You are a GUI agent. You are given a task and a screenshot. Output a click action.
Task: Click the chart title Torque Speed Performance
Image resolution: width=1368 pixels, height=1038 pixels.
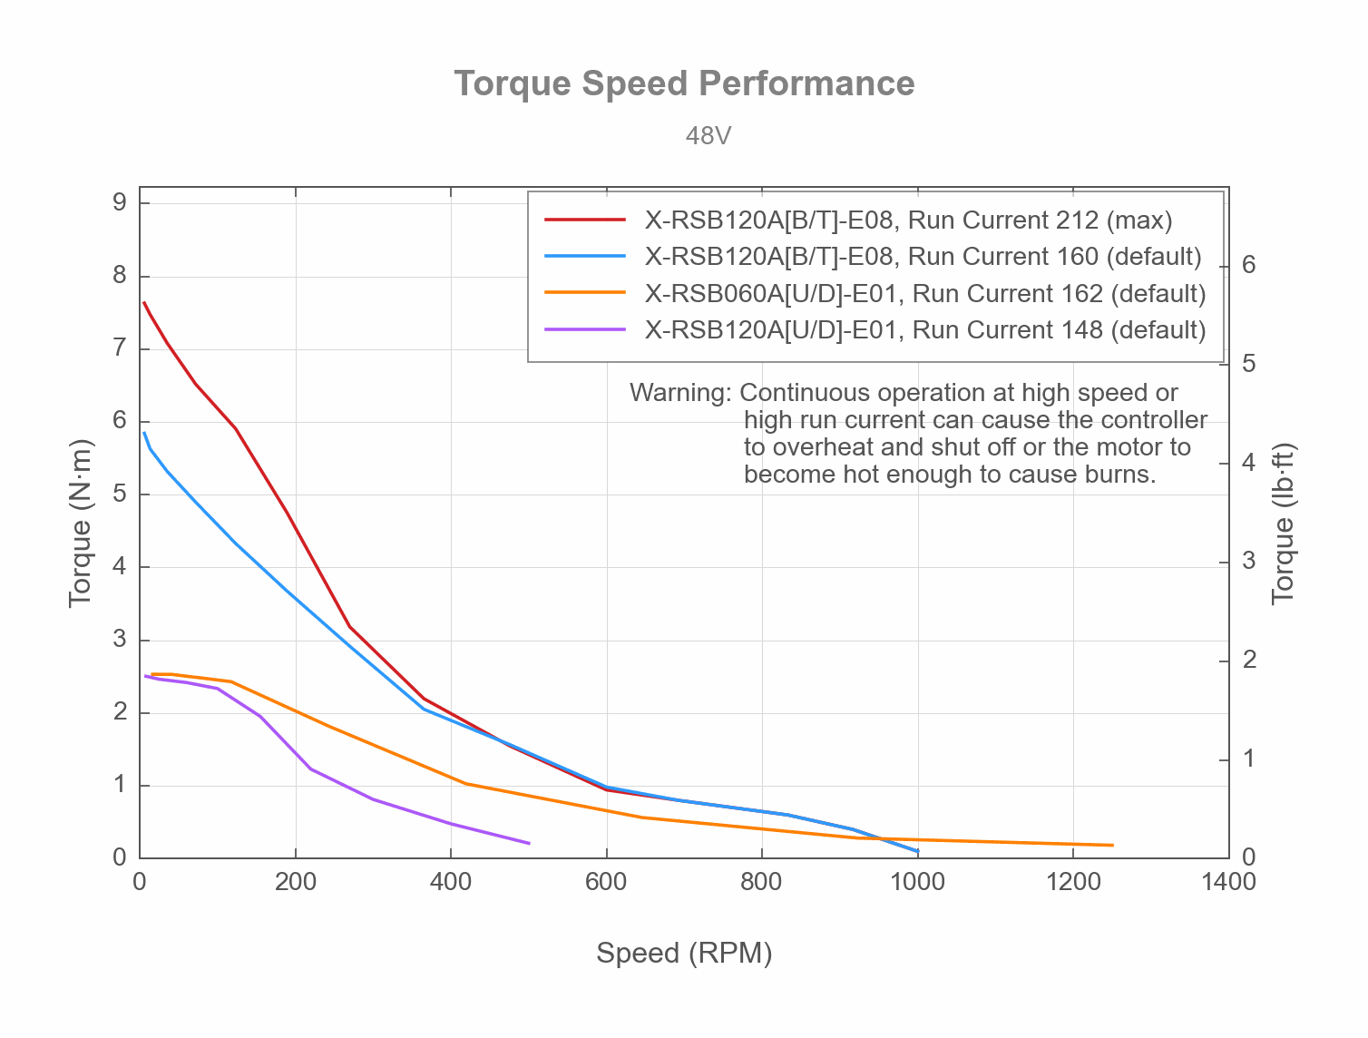tap(684, 83)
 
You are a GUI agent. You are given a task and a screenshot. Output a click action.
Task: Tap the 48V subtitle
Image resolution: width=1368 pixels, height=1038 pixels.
tap(708, 136)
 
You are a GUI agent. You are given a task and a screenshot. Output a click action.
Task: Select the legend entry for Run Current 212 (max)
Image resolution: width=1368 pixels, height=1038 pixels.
tap(908, 220)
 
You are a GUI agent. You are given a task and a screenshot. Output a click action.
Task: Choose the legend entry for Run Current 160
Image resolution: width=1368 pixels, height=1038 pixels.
tap(923, 257)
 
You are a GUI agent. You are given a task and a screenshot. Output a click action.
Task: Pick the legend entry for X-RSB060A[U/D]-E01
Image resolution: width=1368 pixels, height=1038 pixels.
tap(924, 294)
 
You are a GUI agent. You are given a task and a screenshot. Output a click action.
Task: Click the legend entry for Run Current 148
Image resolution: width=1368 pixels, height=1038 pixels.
tap(924, 330)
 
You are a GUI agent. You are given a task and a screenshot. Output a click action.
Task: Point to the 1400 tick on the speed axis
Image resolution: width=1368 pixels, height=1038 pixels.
tap(1228, 882)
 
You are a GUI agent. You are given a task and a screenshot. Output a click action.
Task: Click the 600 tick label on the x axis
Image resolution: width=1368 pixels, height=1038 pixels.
tap(606, 882)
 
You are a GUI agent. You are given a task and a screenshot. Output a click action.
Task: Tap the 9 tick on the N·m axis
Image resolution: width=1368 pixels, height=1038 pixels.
tap(120, 202)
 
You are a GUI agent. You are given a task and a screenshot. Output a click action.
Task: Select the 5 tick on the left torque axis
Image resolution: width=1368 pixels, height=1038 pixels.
tap(120, 495)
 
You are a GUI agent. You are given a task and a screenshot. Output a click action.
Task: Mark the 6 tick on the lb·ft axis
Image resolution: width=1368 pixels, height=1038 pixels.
tap(1249, 265)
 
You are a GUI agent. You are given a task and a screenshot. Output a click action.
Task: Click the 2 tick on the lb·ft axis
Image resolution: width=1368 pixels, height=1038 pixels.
tap(1249, 660)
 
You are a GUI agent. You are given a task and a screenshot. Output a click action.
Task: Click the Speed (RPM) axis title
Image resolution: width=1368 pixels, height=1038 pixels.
tap(684, 954)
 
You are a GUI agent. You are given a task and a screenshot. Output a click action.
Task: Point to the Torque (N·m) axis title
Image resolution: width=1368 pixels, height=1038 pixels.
tap(81, 524)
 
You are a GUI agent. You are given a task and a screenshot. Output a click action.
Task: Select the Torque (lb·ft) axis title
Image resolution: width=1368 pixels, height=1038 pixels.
tap(1283, 524)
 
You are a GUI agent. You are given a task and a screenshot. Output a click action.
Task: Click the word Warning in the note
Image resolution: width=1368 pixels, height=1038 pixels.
tap(679, 393)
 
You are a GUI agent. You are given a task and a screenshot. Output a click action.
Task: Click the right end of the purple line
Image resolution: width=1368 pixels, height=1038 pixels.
tap(529, 844)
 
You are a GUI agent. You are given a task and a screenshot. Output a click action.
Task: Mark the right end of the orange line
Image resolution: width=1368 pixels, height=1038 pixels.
tap(1113, 846)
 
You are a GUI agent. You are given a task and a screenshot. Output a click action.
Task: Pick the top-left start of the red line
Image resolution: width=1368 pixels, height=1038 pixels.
tap(143, 302)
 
